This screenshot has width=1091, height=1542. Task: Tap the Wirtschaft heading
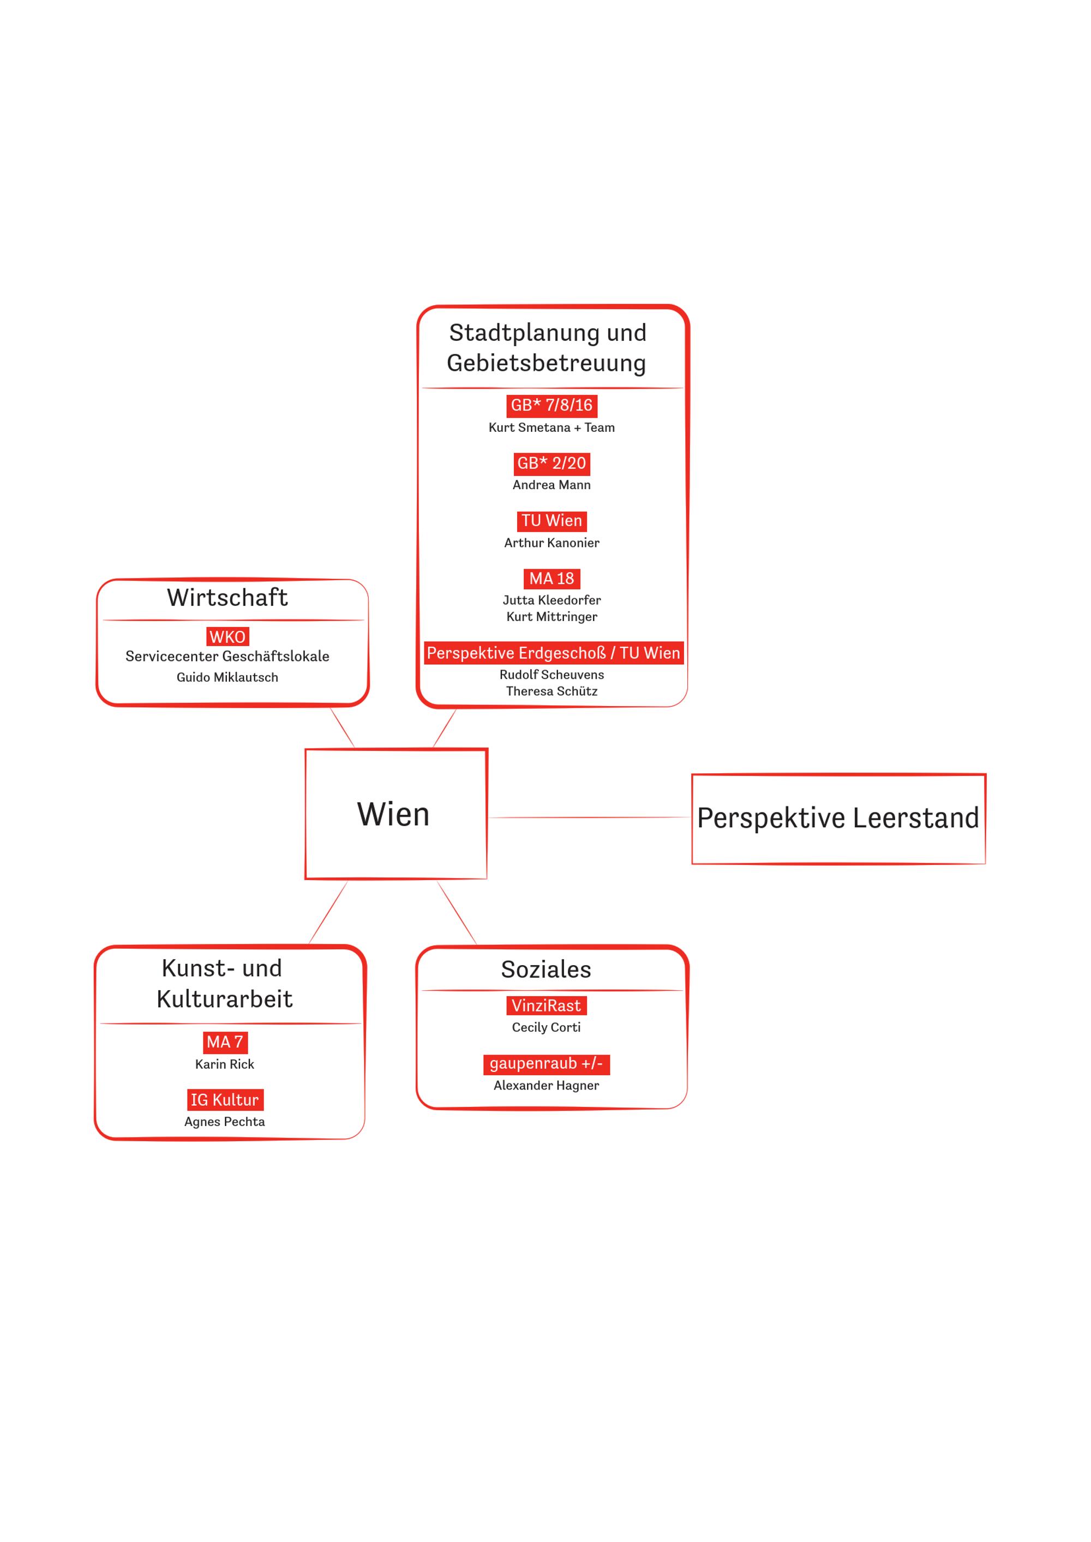[227, 597]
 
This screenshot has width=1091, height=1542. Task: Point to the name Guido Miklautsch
[227, 677]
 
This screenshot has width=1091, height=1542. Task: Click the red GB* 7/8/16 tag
[552, 405]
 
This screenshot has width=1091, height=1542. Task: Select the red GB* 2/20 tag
[552, 463]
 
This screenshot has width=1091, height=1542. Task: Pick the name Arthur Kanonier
[552, 543]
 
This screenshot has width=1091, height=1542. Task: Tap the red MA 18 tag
[552, 578]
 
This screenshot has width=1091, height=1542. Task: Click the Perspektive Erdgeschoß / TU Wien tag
[554, 653]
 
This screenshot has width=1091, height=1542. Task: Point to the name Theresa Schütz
[552, 691]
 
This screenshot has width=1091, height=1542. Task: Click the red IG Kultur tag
[225, 1099]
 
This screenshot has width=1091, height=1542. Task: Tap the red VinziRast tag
[546, 1005]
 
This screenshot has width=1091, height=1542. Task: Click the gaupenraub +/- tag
[546, 1064]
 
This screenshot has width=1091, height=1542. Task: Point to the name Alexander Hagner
[546, 1085]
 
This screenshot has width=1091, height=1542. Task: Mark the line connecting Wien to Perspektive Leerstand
[590, 817]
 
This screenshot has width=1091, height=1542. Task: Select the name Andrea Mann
[552, 485]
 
